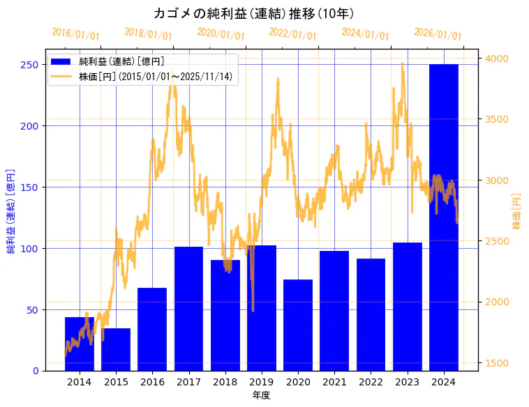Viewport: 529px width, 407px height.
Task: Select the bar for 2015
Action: tap(116, 349)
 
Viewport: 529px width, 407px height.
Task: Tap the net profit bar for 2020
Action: tap(298, 325)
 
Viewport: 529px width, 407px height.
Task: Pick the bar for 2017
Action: tap(188, 309)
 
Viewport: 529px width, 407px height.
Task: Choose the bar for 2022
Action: tap(371, 314)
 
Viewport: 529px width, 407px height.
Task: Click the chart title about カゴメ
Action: tap(253, 13)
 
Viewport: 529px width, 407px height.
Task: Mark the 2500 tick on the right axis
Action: tap(496, 241)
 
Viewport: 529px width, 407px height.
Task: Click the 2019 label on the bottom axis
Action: tap(262, 382)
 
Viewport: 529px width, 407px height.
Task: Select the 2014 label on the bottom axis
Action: tap(80, 382)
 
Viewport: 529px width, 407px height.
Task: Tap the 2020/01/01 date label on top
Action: tap(221, 34)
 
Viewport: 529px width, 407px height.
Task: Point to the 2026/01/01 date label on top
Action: tap(438, 34)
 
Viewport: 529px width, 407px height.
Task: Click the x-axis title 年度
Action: tap(262, 395)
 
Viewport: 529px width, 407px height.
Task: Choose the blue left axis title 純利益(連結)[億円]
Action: tap(11, 210)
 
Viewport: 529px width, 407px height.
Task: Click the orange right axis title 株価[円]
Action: tap(517, 210)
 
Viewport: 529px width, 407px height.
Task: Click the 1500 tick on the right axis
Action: tap(496, 363)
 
